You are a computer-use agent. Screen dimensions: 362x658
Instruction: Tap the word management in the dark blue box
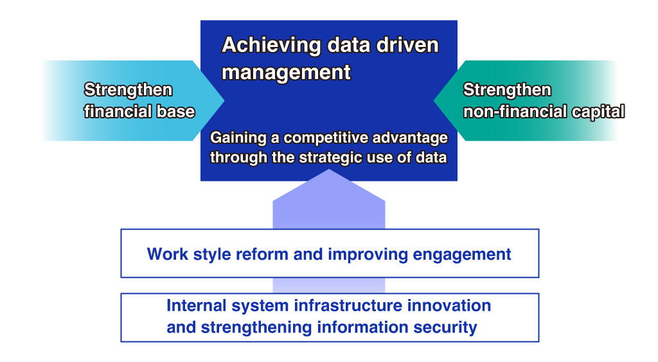tap(286, 72)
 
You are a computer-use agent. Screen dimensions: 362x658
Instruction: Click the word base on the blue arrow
tap(176, 111)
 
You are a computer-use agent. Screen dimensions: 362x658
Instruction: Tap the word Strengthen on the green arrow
tap(507, 89)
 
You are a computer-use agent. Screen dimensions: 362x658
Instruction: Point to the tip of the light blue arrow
tap(224, 100)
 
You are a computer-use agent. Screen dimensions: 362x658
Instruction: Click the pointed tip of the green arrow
tap(434, 100)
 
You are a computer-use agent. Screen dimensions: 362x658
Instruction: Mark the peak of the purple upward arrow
tap(329, 170)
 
